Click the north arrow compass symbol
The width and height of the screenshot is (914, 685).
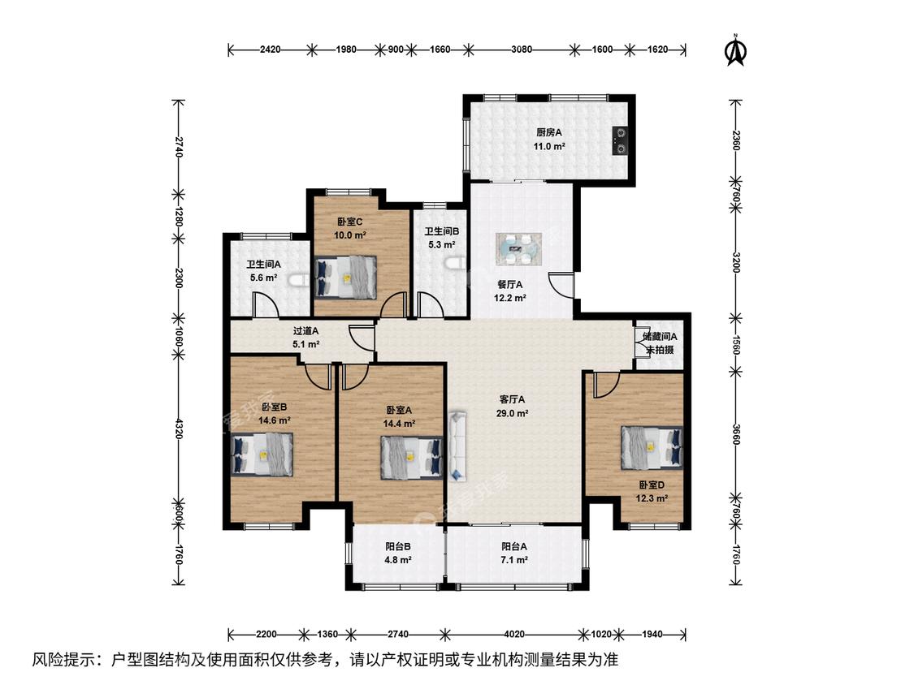point(735,50)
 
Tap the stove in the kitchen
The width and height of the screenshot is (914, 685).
point(620,140)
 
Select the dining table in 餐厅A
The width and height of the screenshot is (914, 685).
point(519,248)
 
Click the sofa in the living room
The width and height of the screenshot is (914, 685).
point(457,446)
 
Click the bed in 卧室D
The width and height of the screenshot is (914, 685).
point(652,447)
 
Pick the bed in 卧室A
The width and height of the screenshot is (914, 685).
point(412,458)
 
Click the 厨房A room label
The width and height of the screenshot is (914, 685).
point(549,133)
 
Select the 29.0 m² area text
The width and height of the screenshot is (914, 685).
point(512,414)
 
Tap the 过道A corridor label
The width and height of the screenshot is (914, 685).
point(305,331)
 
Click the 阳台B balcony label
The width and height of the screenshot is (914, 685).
point(398,546)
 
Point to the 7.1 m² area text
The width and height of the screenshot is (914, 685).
point(514,560)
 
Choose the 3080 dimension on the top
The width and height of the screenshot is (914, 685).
point(522,50)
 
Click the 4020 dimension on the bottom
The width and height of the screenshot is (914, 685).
point(514,634)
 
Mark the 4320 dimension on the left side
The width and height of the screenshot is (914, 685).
point(179,429)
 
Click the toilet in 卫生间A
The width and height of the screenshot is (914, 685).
point(300,282)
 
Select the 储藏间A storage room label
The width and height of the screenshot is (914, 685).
point(660,336)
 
